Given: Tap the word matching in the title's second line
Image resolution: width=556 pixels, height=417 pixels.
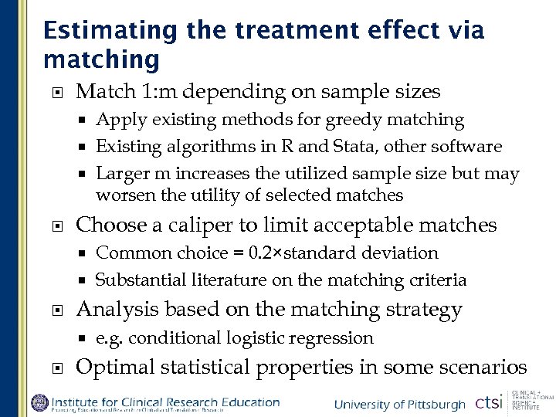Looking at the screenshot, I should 102,59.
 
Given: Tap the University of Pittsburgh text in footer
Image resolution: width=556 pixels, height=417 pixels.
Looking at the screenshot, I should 399,405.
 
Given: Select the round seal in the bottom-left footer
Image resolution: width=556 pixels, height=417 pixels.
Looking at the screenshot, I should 39,403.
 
